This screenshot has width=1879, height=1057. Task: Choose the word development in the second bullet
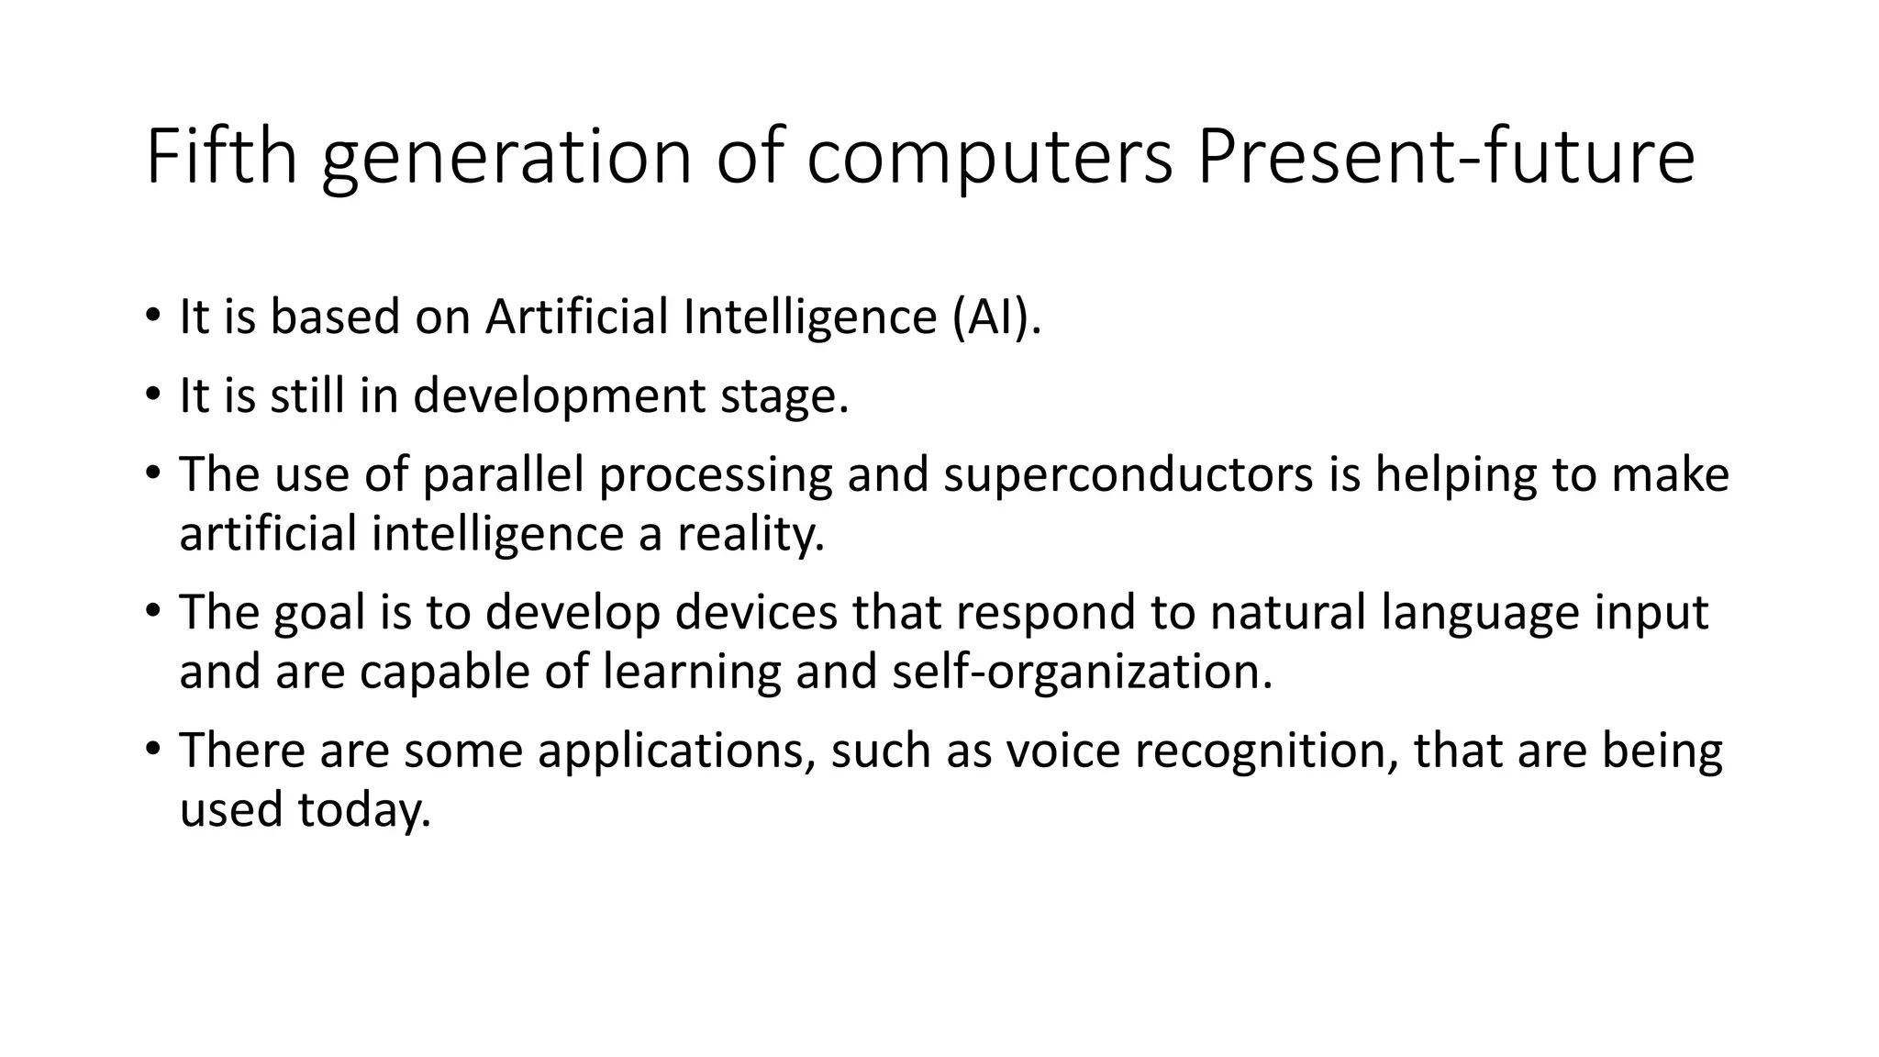[559, 396]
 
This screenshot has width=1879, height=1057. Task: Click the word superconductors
[1128, 475]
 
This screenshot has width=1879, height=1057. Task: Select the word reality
[751, 534]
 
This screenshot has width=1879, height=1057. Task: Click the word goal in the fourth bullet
[319, 613]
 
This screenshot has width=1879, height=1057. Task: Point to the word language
[1480, 613]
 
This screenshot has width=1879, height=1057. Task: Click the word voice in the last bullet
[1063, 751]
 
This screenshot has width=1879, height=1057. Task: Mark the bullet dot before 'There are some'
[152, 749]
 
